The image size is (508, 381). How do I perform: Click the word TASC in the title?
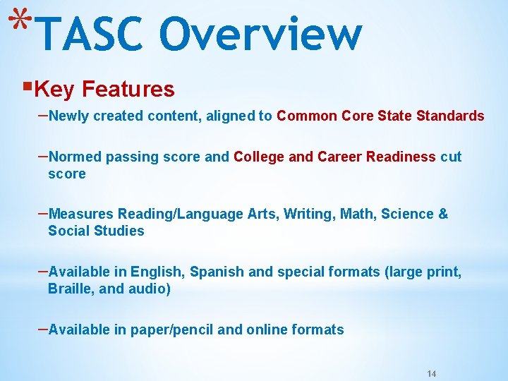[92, 34]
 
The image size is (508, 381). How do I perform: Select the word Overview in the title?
[260, 34]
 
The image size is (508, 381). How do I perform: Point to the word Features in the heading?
[128, 90]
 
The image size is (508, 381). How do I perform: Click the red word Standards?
[451, 116]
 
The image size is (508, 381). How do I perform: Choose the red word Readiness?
[401, 157]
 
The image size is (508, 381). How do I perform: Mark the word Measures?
[82, 214]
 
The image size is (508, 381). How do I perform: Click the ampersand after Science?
[443, 214]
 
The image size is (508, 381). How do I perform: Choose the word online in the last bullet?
[265, 329]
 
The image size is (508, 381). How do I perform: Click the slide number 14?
[433, 372]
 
